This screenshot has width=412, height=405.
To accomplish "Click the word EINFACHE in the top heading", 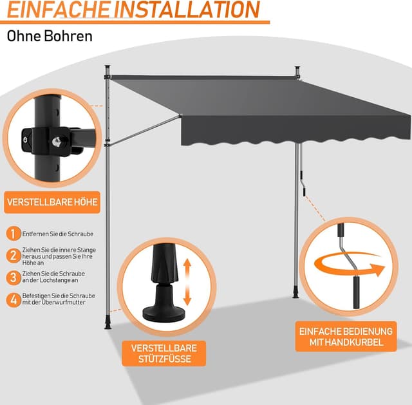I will [58, 10].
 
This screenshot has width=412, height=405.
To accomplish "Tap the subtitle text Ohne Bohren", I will [50, 35].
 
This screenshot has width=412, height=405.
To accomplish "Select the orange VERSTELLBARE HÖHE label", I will [53, 203].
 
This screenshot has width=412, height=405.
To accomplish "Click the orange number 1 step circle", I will [12, 234].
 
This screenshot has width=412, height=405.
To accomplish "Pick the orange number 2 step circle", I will [12, 256].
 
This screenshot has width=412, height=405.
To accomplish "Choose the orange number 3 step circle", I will [12, 278].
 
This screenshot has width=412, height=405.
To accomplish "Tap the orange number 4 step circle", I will [12, 299].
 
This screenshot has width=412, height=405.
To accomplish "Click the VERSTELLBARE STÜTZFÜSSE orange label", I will [164, 353].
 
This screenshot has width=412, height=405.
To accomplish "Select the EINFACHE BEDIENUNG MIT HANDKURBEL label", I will [346, 337].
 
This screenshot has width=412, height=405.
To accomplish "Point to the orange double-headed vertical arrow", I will [187, 283].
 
